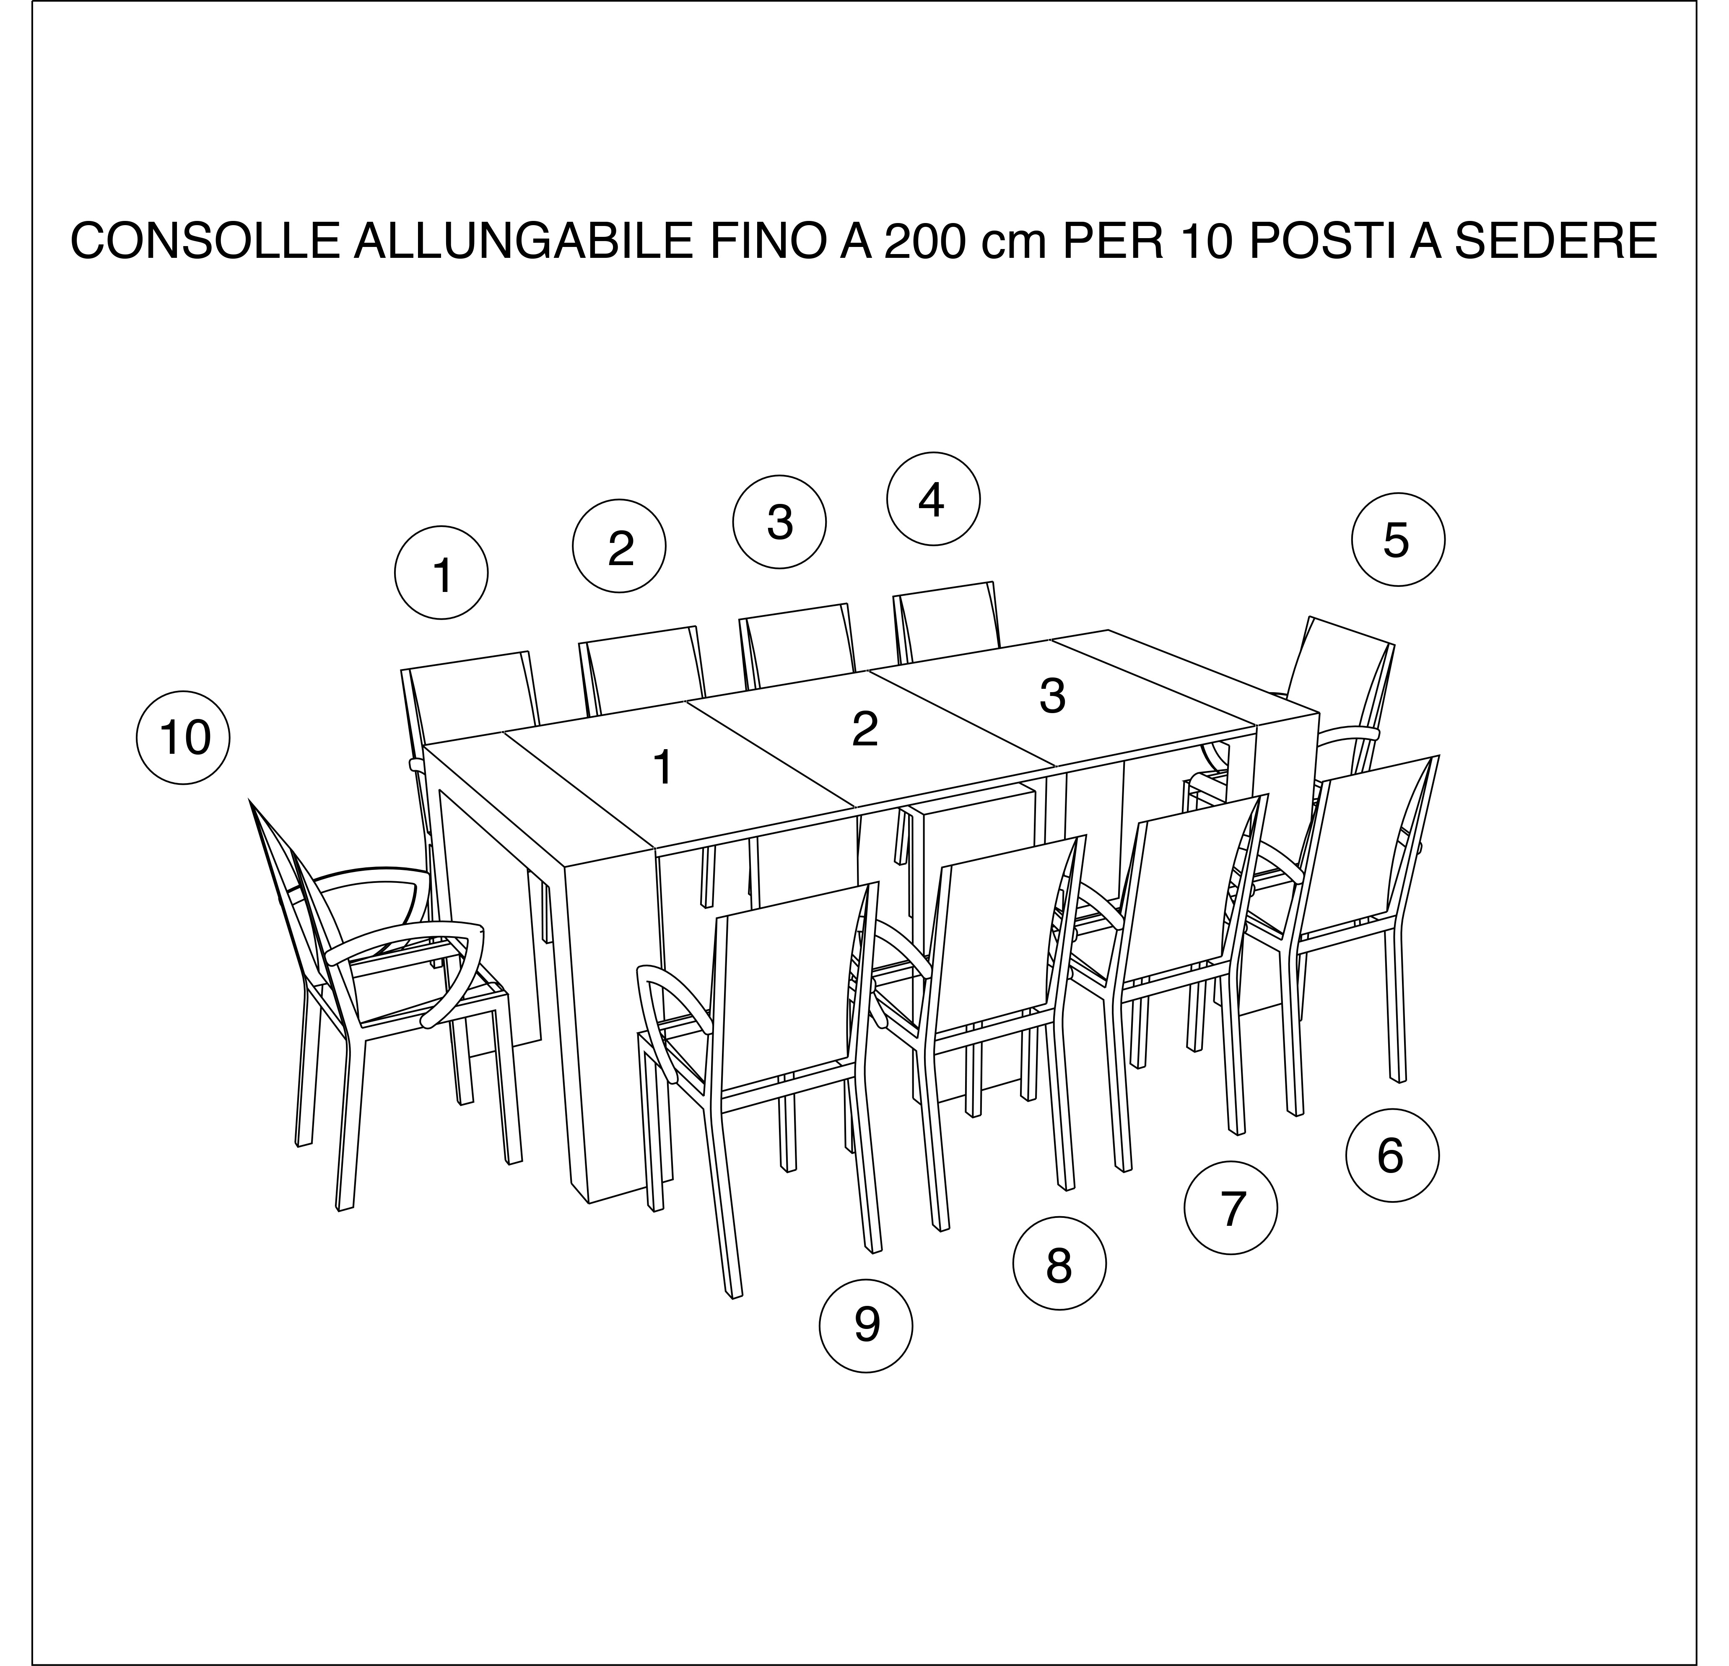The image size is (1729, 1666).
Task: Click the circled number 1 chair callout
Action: [x=441, y=573]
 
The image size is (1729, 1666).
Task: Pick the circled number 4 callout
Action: [x=933, y=498]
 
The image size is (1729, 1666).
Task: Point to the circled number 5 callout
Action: [x=1398, y=539]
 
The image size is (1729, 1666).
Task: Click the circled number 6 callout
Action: [x=1392, y=1155]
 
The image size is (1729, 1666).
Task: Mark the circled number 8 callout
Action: [x=1059, y=1266]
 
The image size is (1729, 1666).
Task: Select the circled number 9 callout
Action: [x=866, y=1326]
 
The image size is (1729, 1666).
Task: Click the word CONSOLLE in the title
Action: [x=205, y=241]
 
